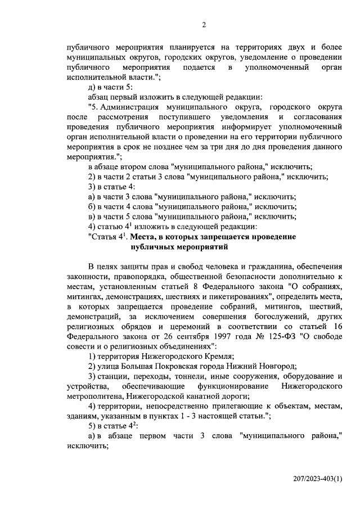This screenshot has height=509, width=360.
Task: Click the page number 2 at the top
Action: pyautogui.click(x=204, y=24)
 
